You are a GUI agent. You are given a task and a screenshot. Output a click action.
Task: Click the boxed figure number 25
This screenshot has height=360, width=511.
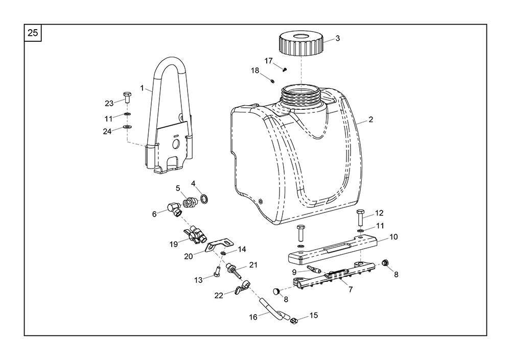[x=33, y=33]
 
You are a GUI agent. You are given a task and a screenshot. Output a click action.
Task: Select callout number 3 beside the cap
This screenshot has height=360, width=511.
[x=337, y=38]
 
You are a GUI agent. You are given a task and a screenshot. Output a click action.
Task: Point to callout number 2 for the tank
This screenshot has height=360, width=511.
[x=371, y=120]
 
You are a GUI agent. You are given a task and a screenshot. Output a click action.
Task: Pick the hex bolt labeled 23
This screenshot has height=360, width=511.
[x=127, y=98]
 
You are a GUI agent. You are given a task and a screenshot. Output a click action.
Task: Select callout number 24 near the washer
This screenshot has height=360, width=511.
[x=107, y=131]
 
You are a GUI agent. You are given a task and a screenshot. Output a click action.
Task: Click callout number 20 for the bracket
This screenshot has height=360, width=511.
[x=189, y=256]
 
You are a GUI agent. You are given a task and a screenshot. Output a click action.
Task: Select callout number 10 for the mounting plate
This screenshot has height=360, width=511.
[x=393, y=237]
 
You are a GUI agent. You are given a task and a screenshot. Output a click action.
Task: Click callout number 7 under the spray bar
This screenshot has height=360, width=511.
[x=351, y=290]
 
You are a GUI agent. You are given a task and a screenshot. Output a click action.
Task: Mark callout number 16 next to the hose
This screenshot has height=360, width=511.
[x=253, y=317]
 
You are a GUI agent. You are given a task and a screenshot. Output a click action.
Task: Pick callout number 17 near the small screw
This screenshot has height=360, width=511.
[x=269, y=61]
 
